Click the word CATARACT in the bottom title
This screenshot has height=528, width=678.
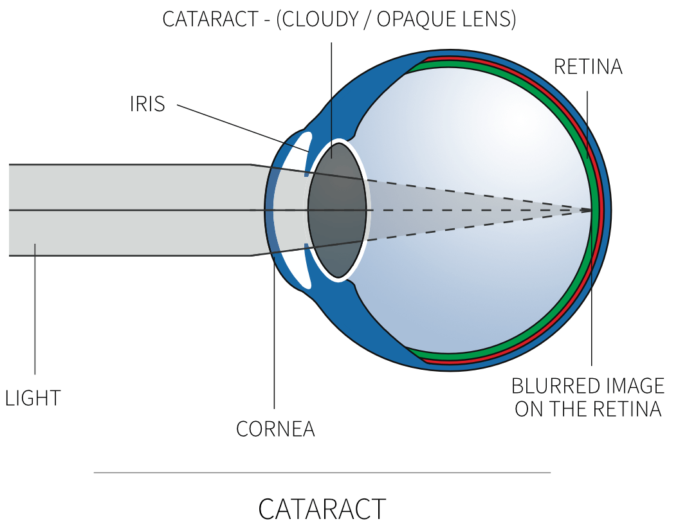click(322, 509)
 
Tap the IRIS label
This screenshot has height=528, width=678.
click(147, 104)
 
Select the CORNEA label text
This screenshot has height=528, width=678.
click(275, 429)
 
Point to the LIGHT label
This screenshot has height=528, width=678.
click(33, 398)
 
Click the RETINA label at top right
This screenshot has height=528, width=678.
click(588, 67)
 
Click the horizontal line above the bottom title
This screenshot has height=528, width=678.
click(322, 473)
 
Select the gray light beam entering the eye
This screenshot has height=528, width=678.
click(129, 210)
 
